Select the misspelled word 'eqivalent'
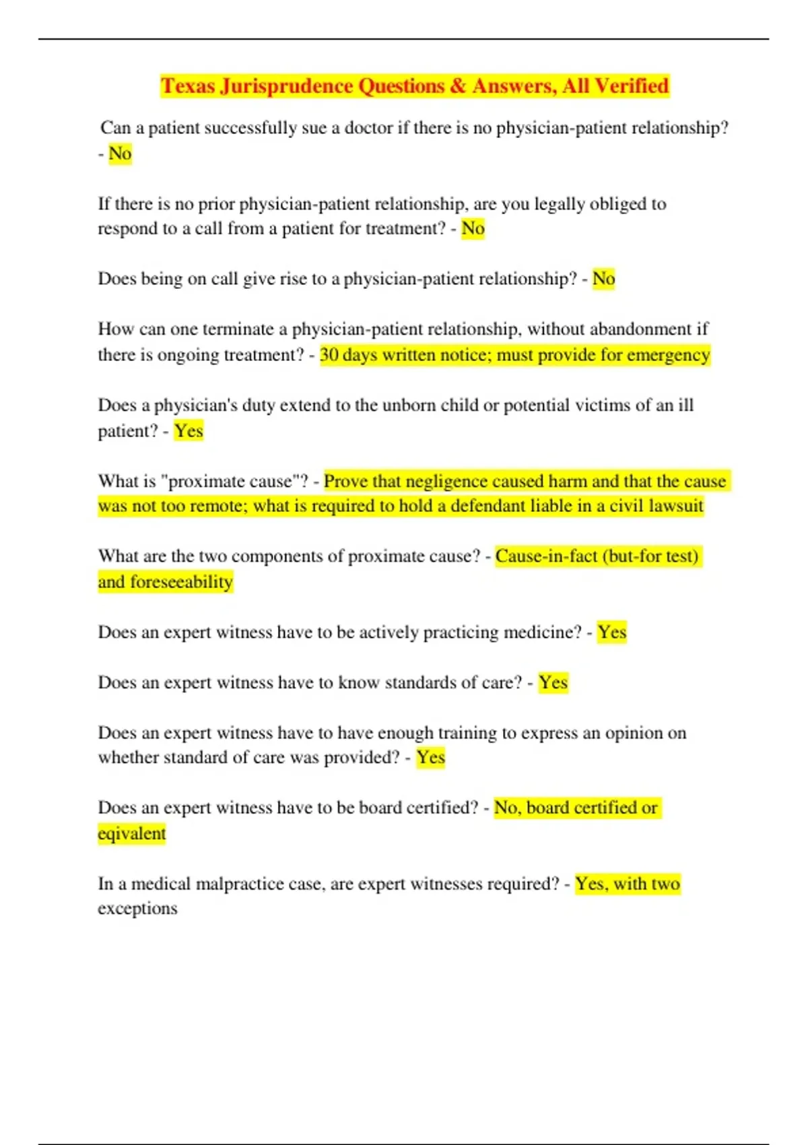(x=131, y=833)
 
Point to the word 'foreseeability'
(x=181, y=581)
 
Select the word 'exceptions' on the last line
(x=137, y=908)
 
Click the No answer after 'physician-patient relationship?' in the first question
(x=120, y=154)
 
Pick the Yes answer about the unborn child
(x=189, y=430)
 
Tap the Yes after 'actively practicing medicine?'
(x=612, y=632)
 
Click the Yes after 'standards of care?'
(x=553, y=682)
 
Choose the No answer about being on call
(x=603, y=278)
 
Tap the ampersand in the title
(x=458, y=86)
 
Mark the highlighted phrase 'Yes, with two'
(x=628, y=883)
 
